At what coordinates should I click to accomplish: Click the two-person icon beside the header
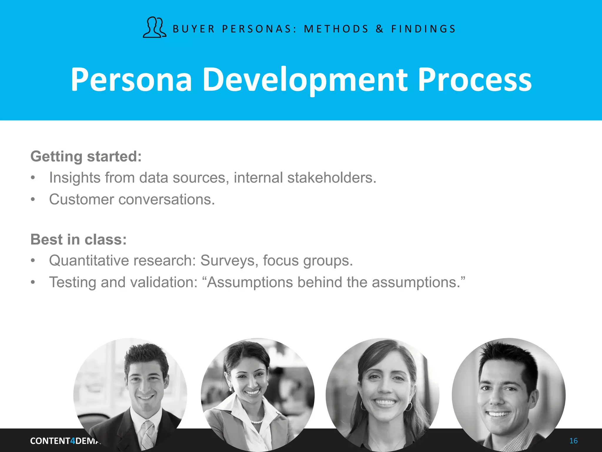pos(154,27)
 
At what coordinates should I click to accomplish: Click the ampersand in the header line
pos(379,29)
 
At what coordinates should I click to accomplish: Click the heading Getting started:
pos(86,156)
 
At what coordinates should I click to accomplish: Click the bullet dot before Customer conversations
pos(33,200)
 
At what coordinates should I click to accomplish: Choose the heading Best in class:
pos(78,239)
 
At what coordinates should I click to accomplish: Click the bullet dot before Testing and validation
pos(33,282)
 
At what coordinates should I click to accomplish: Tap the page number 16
pos(573,441)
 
